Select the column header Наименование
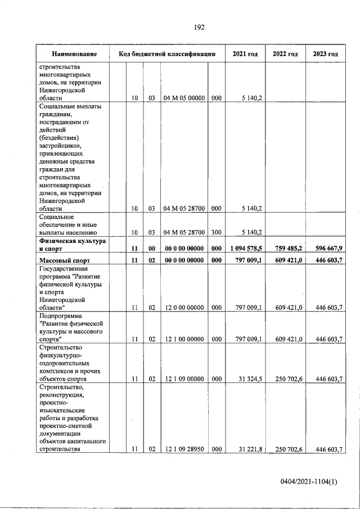click(73, 54)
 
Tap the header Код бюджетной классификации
click(167, 54)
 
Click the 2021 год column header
click(245, 54)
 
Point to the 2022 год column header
click(285, 54)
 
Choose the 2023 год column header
click(325, 54)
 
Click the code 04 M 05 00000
click(184, 98)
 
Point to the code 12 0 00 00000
click(184, 307)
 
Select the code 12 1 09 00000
click(184, 379)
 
